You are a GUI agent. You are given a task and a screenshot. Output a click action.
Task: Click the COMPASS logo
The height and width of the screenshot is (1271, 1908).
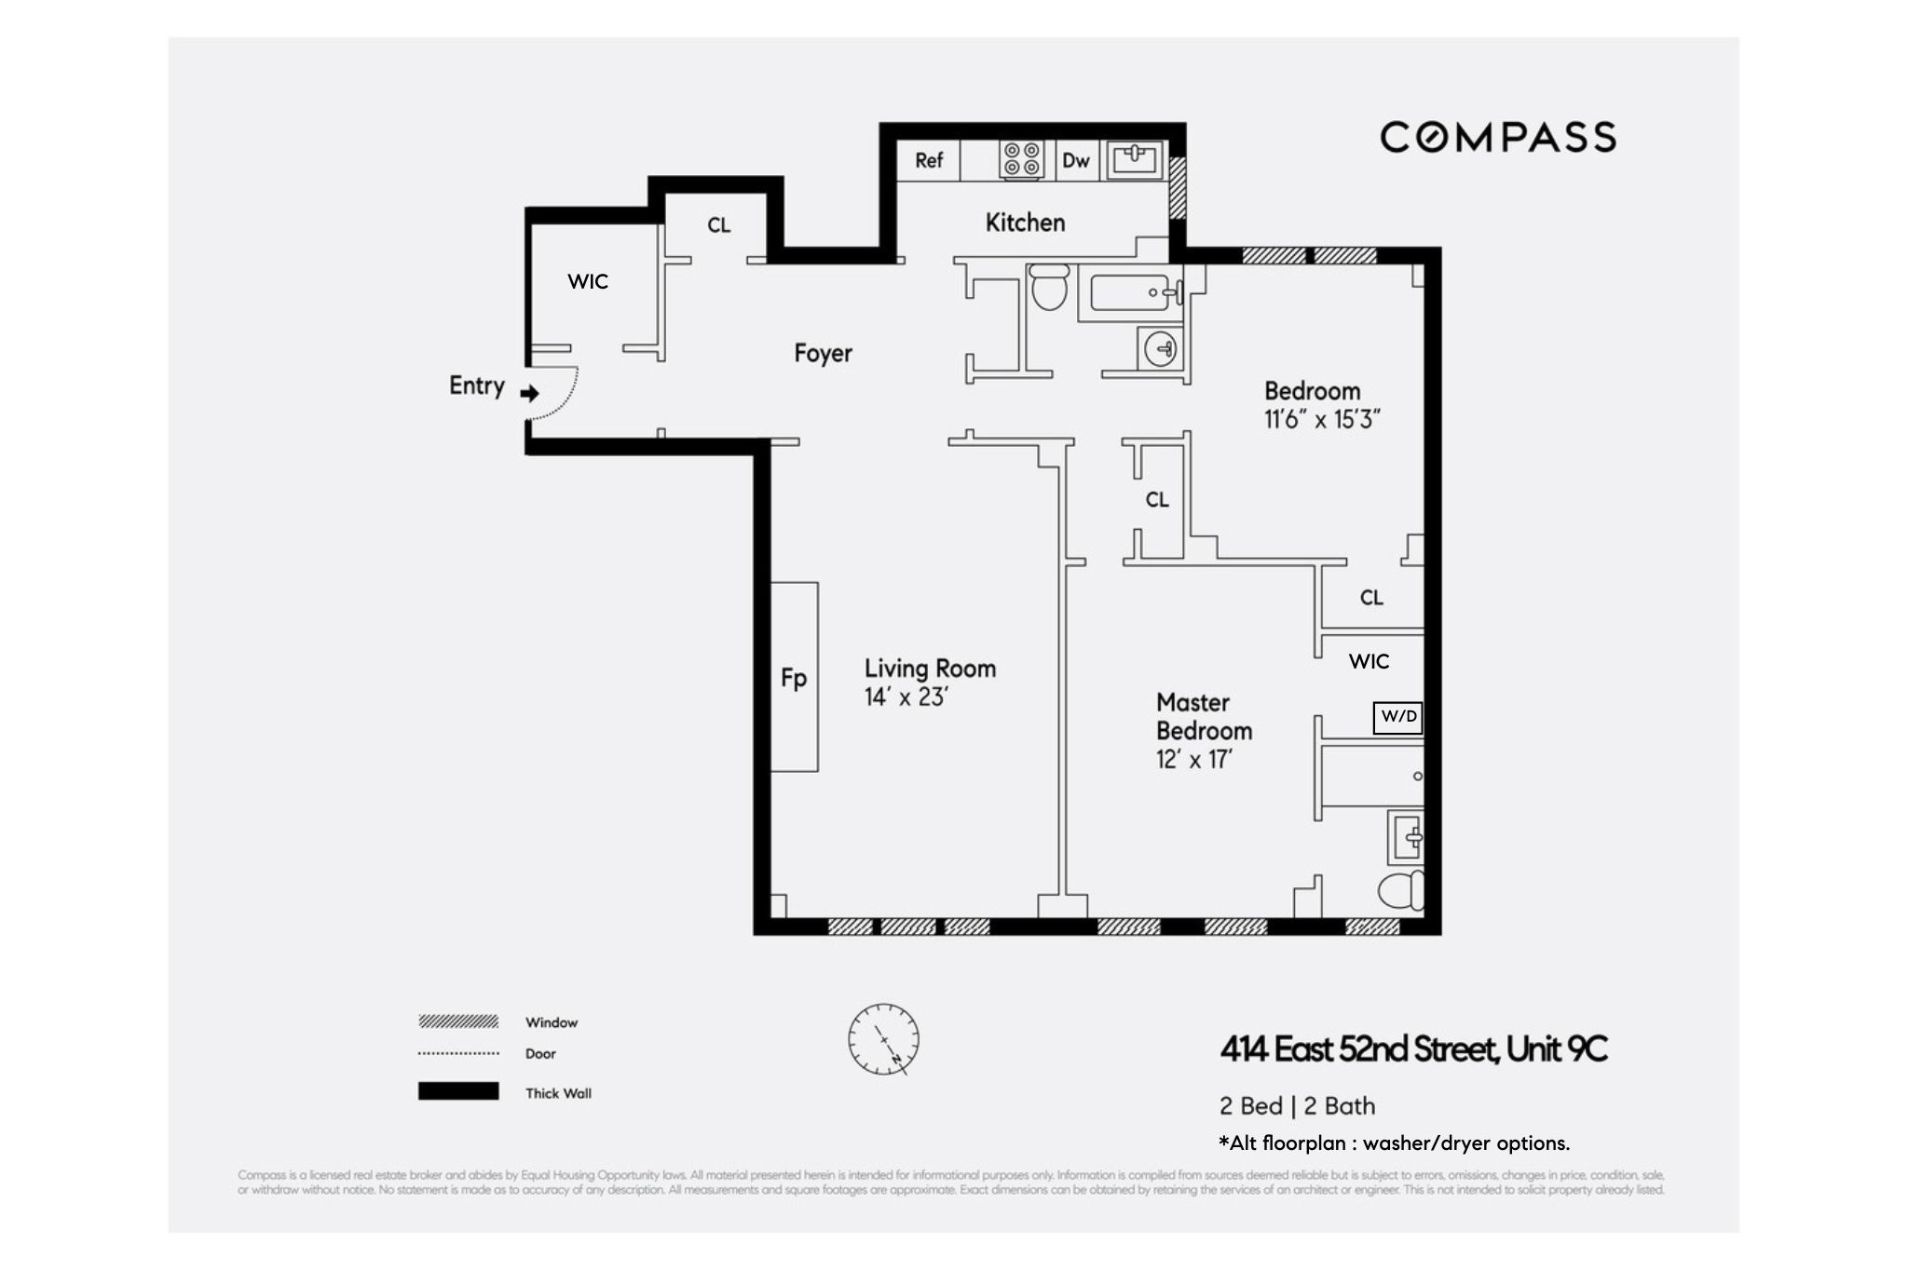click(x=1497, y=137)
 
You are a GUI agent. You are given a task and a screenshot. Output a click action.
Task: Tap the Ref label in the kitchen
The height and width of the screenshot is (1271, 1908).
click(x=929, y=160)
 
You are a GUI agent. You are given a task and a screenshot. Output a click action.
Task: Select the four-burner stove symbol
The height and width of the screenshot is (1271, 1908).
click(x=1021, y=160)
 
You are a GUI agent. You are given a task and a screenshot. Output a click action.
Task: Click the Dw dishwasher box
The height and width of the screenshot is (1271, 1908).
click(x=1076, y=160)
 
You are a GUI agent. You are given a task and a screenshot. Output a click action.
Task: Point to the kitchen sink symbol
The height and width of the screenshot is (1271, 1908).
click(x=1134, y=160)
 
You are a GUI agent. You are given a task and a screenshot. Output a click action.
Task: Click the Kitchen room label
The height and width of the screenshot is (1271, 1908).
click(x=1025, y=223)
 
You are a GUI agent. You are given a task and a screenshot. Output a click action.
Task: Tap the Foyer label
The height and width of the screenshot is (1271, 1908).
click(x=823, y=354)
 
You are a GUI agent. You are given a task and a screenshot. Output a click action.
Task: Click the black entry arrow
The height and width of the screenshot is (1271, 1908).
click(x=530, y=393)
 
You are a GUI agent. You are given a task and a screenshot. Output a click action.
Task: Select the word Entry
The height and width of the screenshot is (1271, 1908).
click(x=476, y=385)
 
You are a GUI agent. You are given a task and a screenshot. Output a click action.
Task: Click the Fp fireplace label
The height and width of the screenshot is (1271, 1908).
click(x=794, y=678)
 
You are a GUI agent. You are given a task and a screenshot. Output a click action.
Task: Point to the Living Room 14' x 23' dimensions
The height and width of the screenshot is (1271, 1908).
click(x=906, y=697)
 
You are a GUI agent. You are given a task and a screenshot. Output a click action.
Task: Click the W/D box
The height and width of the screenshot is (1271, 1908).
click(x=1398, y=717)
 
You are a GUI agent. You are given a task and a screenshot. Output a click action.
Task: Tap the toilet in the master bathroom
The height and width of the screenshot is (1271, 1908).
click(x=1400, y=891)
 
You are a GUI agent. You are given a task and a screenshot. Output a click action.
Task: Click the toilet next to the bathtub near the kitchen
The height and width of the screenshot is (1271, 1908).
click(x=1050, y=288)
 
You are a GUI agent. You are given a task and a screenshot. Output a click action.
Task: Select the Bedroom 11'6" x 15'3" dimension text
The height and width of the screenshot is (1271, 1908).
click(x=1321, y=420)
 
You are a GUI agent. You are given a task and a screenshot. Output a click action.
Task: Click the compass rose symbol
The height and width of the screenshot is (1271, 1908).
click(x=883, y=1039)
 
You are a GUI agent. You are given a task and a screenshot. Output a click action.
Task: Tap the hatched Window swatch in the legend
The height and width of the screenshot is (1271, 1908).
click(x=458, y=1021)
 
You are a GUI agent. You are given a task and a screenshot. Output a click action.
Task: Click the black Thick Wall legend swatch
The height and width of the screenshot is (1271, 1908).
click(x=458, y=1091)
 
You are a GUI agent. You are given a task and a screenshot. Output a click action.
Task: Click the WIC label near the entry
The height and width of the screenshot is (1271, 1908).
click(x=588, y=281)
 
